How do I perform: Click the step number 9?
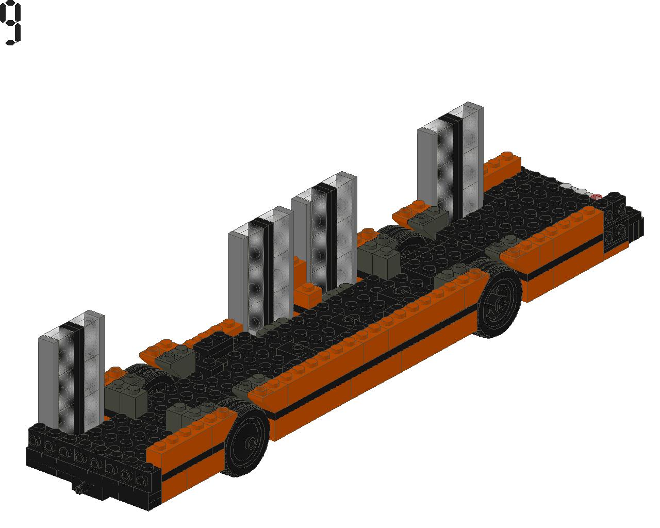11,23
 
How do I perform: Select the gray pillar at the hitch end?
71,372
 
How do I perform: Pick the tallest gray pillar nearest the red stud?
450,162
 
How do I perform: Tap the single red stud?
596,197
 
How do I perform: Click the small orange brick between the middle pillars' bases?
308,295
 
